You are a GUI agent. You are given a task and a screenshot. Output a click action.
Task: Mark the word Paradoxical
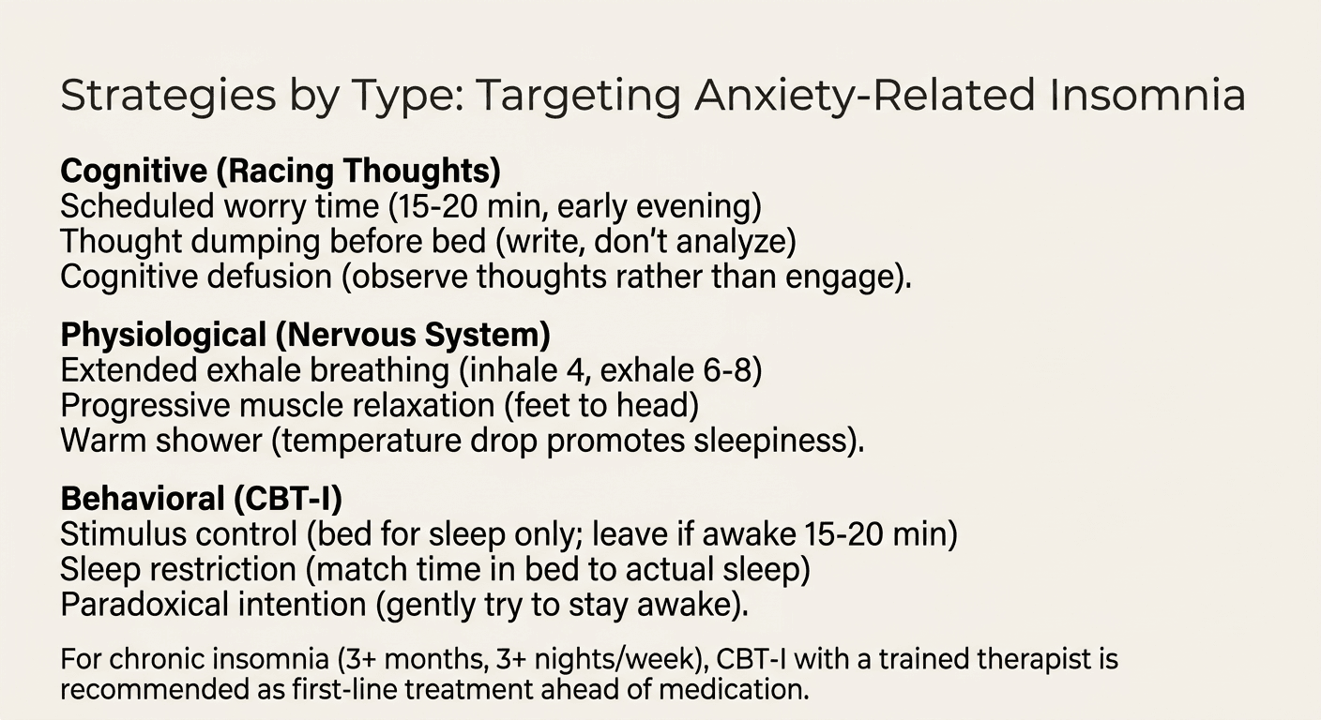click(142, 605)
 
